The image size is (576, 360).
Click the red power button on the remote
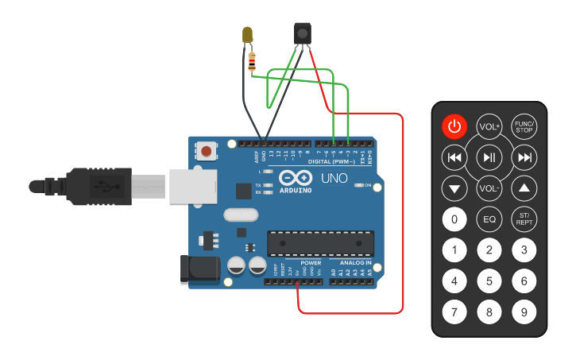coord(454,126)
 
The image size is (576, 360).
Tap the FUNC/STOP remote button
coord(524,126)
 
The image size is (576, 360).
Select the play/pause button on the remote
coord(489,157)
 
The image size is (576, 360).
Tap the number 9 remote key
coord(524,312)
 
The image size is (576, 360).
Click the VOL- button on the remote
coord(489,188)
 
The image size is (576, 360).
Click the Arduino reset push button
coord(207,150)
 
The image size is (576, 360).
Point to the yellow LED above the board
coord(248,35)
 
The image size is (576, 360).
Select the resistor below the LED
coord(253,60)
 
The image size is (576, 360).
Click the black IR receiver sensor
coord(302,33)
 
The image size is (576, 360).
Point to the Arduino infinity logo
coord(295,179)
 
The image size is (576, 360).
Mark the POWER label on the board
coord(311,262)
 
